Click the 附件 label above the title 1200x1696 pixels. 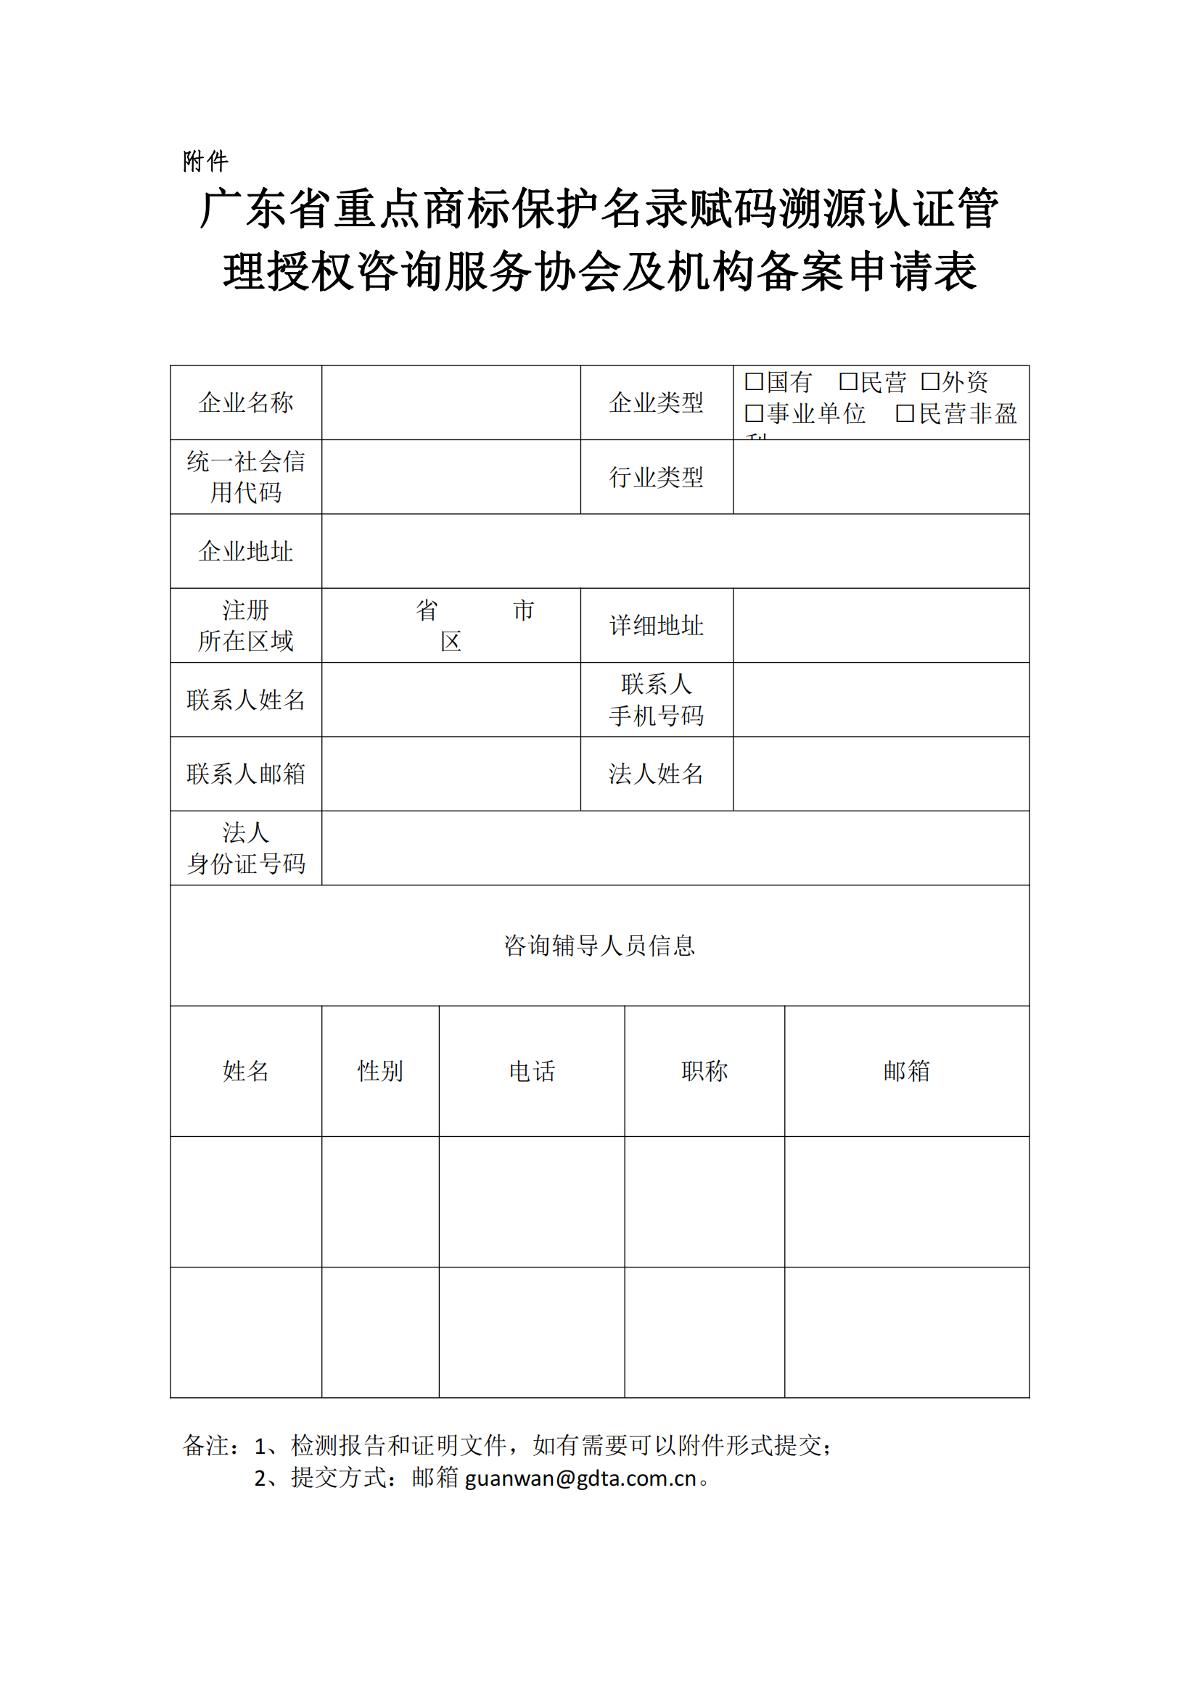click(205, 161)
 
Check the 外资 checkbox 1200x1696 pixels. click(929, 382)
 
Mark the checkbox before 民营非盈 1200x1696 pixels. click(905, 413)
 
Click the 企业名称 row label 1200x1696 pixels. click(246, 402)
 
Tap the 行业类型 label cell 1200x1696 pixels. click(656, 477)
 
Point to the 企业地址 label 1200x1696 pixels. click(246, 551)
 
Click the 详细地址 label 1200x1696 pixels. click(656, 626)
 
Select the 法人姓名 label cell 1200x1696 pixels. click(656, 774)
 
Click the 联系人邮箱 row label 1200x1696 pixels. click(246, 774)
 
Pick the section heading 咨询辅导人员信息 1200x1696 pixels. click(599, 946)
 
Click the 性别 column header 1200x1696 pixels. click(381, 1071)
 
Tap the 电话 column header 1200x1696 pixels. click(532, 1071)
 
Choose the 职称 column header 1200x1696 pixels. click(704, 1071)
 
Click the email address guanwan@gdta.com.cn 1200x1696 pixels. click(581, 1478)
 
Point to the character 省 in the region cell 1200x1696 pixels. click(427, 610)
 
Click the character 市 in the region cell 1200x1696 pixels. click(523, 610)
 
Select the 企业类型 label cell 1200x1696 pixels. click(656, 402)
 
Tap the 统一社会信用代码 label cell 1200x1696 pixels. click(246, 477)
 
